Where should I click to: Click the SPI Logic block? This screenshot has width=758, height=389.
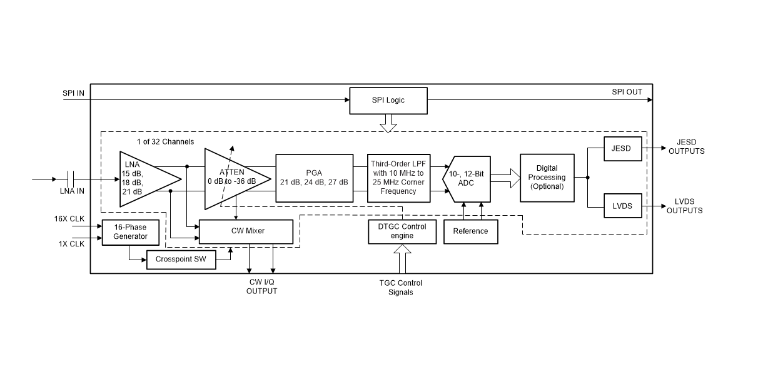pyautogui.click(x=388, y=101)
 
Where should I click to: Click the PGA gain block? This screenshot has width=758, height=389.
pyautogui.click(x=314, y=178)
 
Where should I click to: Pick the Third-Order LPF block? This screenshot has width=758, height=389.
pyautogui.click(x=398, y=178)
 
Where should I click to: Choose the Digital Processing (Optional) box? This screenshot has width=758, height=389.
pyautogui.click(x=547, y=178)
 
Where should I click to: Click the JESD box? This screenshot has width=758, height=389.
pyautogui.click(x=622, y=149)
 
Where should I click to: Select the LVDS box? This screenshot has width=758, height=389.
pyautogui.click(x=622, y=206)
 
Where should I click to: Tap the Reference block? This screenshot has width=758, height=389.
pyautogui.click(x=470, y=231)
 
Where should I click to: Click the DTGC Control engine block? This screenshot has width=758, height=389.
pyautogui.click(x=397, y=231)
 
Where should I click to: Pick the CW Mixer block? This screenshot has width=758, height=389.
pyautogui.click(x=246, y=231)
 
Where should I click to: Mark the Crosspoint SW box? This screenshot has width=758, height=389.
pyautogui.click(x=181, y=260)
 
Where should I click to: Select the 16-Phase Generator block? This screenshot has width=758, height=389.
pyautogui.click(x=130, y=232)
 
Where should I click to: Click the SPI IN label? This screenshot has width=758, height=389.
pyautogui.click(x=73, y=93)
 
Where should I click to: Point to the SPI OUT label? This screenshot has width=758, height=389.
pyautogui.click(x=627, y=93)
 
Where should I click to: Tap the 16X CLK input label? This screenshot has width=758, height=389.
pyautogui.click(x=69, y=219)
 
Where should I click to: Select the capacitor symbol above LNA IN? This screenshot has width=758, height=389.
pyautogui.click(x=71, y=179)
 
